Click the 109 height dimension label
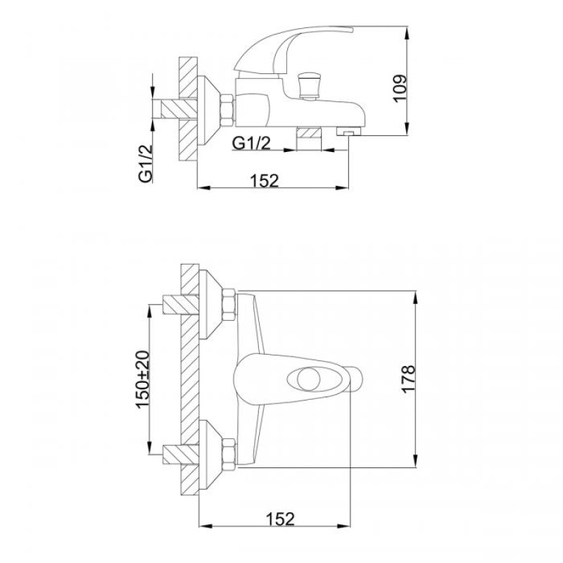pos(400,89)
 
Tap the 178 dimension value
pos(409,379)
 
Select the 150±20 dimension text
pos(143,379)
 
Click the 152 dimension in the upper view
pos(265,181)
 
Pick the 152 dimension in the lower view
pos(280,519)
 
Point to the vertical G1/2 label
pos(146,164)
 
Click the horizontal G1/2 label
pos(251,144)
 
